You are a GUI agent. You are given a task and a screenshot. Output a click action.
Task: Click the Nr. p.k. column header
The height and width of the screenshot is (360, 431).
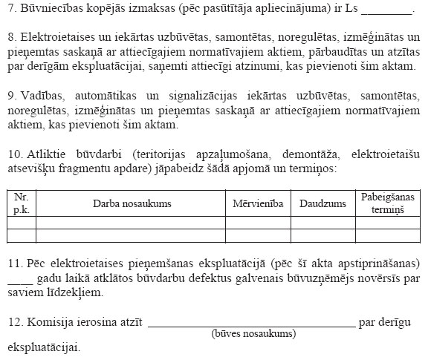(21, 203)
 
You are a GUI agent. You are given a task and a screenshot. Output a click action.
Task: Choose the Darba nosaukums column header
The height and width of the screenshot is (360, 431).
(131, 203)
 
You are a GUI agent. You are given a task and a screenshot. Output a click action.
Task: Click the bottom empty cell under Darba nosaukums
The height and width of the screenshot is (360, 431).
(131, 235)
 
